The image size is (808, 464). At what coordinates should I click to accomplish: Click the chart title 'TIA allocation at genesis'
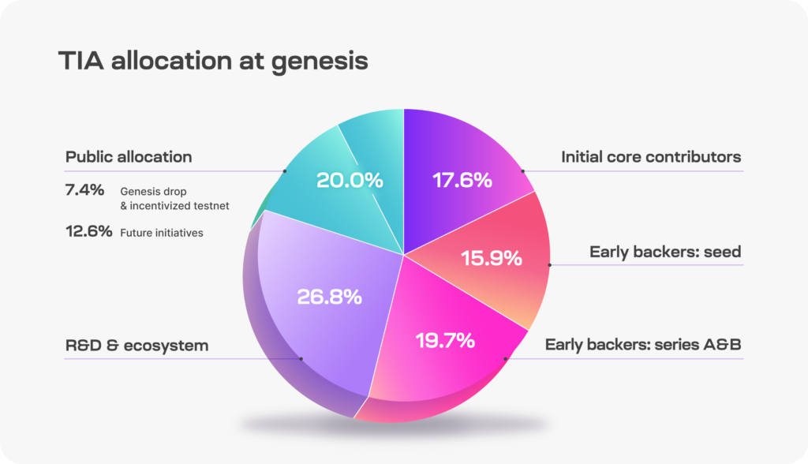(213, 61)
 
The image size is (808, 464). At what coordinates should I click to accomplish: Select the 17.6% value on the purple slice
(462, 180)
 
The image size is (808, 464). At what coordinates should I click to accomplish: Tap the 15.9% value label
(492, 257)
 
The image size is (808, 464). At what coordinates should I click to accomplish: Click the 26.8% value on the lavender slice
(329, 297)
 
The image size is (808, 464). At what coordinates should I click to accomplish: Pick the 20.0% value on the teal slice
(350, 180)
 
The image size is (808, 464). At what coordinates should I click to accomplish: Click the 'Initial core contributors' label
(651, 157)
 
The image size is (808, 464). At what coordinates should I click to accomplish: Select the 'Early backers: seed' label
(665, 252)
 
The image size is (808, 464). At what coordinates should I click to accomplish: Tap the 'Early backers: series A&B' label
(644, 345)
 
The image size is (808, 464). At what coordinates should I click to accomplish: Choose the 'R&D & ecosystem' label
(137, 346)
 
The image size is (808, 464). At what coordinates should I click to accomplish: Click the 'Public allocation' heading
(129, 156)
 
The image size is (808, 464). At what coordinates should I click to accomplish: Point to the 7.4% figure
(84, 190)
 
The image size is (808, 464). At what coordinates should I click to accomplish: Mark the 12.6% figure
(88, 232)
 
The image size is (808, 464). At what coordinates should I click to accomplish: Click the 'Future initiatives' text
(162, 233)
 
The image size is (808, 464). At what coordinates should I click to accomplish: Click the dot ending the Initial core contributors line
(522, 170)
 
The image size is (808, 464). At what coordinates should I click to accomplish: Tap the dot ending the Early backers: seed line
(550, 264)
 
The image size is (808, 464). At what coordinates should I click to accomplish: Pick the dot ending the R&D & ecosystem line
(301, 359)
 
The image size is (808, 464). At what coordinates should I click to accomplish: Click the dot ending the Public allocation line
(284, 170)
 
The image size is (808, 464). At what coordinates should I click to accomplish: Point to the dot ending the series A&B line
(506, 359)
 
